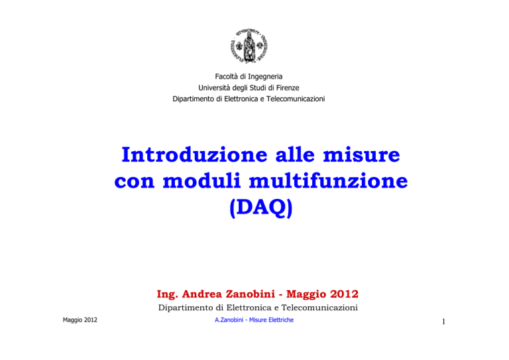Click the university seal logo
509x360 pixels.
249,46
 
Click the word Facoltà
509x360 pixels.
227,76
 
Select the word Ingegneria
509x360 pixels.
265,77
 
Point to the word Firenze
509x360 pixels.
288,88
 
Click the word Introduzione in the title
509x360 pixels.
194,154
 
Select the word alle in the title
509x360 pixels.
295,154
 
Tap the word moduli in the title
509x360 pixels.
201,180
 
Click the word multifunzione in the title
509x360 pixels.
328,180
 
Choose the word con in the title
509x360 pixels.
134,181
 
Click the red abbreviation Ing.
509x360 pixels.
167,294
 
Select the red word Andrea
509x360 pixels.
202,294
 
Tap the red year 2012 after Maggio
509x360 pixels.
345,294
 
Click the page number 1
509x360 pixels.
443,322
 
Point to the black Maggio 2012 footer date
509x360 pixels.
80,320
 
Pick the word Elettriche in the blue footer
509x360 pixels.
280,320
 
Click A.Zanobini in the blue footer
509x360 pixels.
229,320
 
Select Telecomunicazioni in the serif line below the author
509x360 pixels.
319,308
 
